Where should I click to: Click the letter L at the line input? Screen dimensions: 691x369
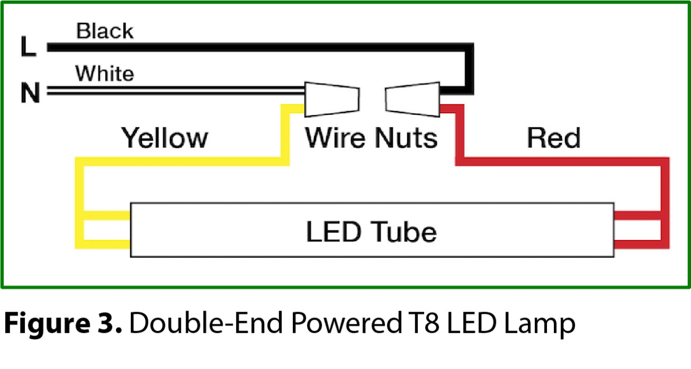click(x=28, y=46)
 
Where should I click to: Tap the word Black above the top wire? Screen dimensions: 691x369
click(x=104, y=31)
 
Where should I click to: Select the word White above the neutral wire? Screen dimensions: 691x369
click(x=104, y=73)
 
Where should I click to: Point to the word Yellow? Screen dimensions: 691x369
click(x=164, y=138)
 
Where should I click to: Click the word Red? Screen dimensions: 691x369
click(x=553, y=138)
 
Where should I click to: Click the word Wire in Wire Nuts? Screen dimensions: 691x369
click(x=335, y=138)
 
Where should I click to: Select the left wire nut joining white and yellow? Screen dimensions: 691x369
click(x=332, y=99)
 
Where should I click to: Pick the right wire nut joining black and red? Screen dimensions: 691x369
click(x=413, y=98)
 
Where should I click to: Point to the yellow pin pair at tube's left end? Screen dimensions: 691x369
click(x=104, y=230)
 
